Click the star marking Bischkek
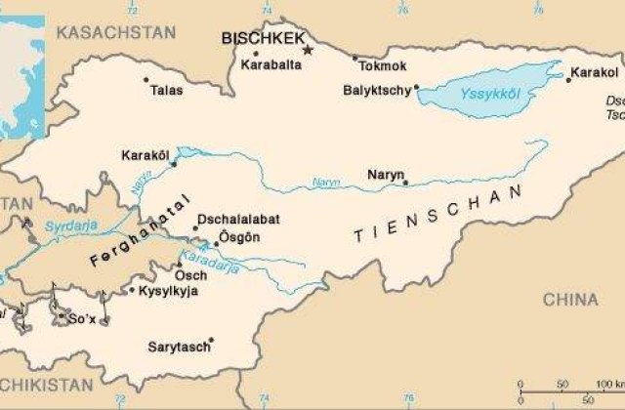click(308, 49)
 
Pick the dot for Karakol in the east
click(567, 74)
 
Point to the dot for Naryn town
click(404, 180)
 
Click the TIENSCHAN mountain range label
click(438, 223)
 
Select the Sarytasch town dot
click(211, 340)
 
